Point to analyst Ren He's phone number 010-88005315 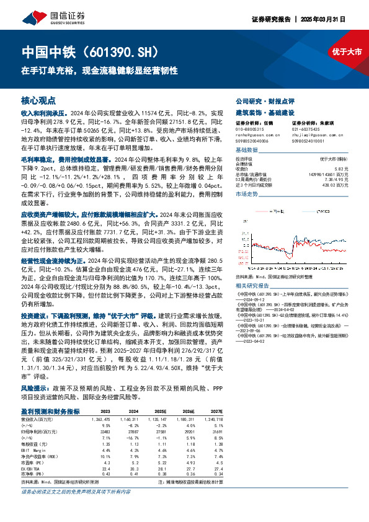pos(251,130)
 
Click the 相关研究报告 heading pos(253,286)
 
